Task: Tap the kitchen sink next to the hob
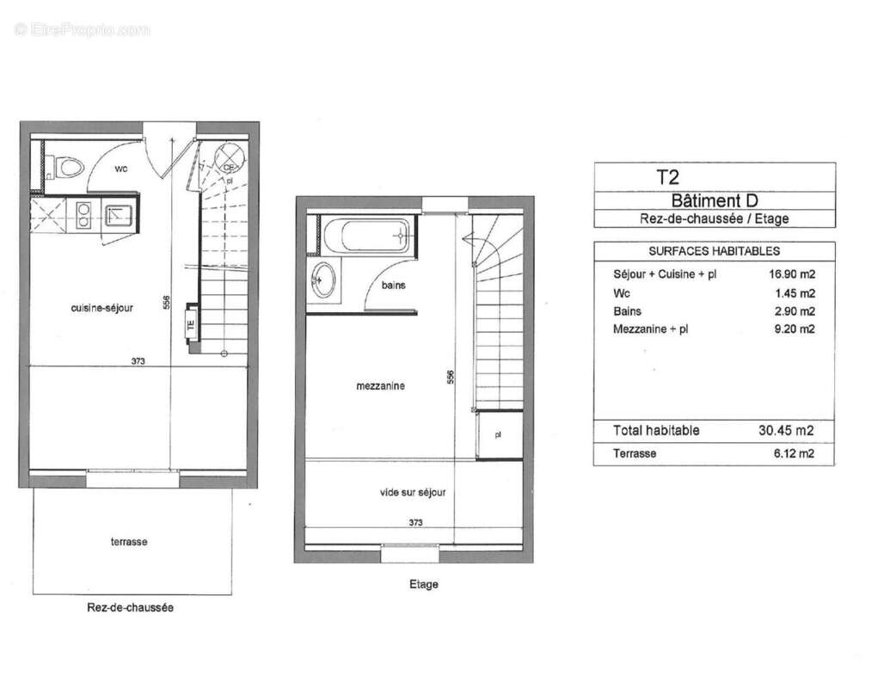[x=115, y=213]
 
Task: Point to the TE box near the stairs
[x=191, y=326]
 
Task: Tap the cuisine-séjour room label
[x=101, y=308]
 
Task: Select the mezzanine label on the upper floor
[x=380, y=386]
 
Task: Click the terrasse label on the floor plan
[x=128, y=541]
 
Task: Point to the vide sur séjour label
[x=413, y=493]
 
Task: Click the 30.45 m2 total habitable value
[x=793, y=431]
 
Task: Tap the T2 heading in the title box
[x=668, y=177]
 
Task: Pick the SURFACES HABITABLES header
[x=714, y=251]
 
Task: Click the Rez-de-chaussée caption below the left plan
[x=131, y=607]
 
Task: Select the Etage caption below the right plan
[x=423, y=584]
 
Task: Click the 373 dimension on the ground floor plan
[x=138, y=361]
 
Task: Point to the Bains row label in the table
[x=627, y=311]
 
